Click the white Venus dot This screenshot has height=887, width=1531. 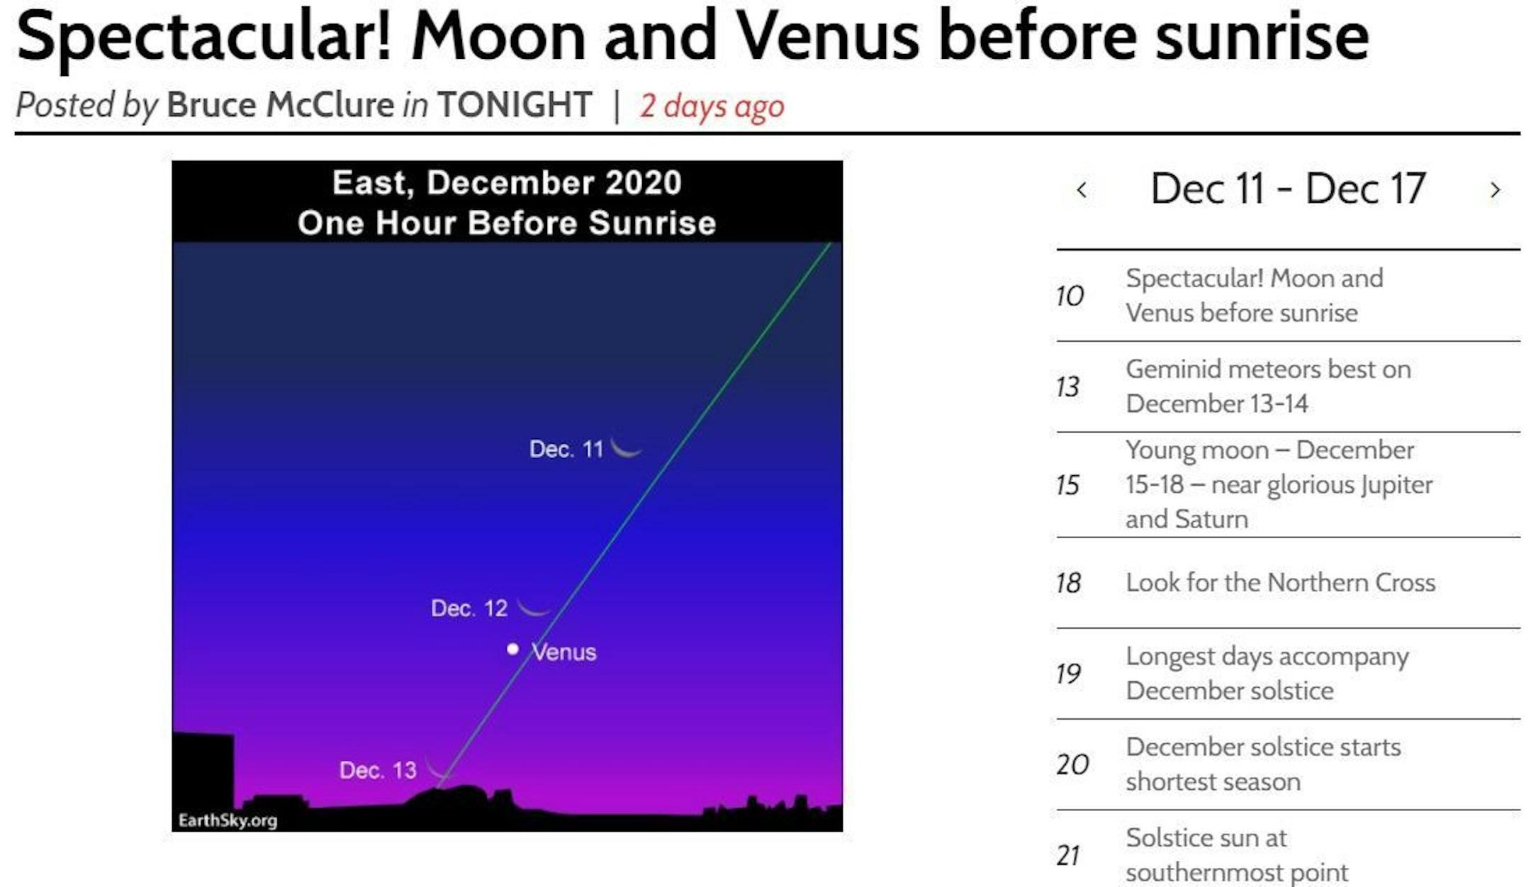click(x=512, y=649)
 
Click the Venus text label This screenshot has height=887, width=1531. click(x=564, y=652)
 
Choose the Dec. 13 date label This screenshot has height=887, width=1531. click(x=378, y=770)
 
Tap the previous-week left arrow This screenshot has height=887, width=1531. click(x=1082, y=190)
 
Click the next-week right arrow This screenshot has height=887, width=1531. click(x=1495, y=190)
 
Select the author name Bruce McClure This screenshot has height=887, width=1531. click(x=280, y=105)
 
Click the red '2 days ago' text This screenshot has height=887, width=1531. click(x=712, y=106)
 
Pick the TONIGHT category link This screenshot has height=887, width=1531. click(x=515, y=105)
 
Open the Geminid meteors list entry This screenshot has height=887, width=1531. click(x=1268, y=386)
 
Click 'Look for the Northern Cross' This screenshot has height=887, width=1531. click(x=1280, y=582)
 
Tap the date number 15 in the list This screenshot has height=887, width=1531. click(x=1067, y=485)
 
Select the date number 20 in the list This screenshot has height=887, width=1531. click(x=1072, y=764)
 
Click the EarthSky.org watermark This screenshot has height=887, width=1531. click(x=228, y=820)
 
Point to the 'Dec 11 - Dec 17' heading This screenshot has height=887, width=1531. click(x=1288, y=189)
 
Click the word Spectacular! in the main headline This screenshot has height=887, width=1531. click(x=204, y=35)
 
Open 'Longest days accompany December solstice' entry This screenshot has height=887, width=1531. click(x=1267, y=674)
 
